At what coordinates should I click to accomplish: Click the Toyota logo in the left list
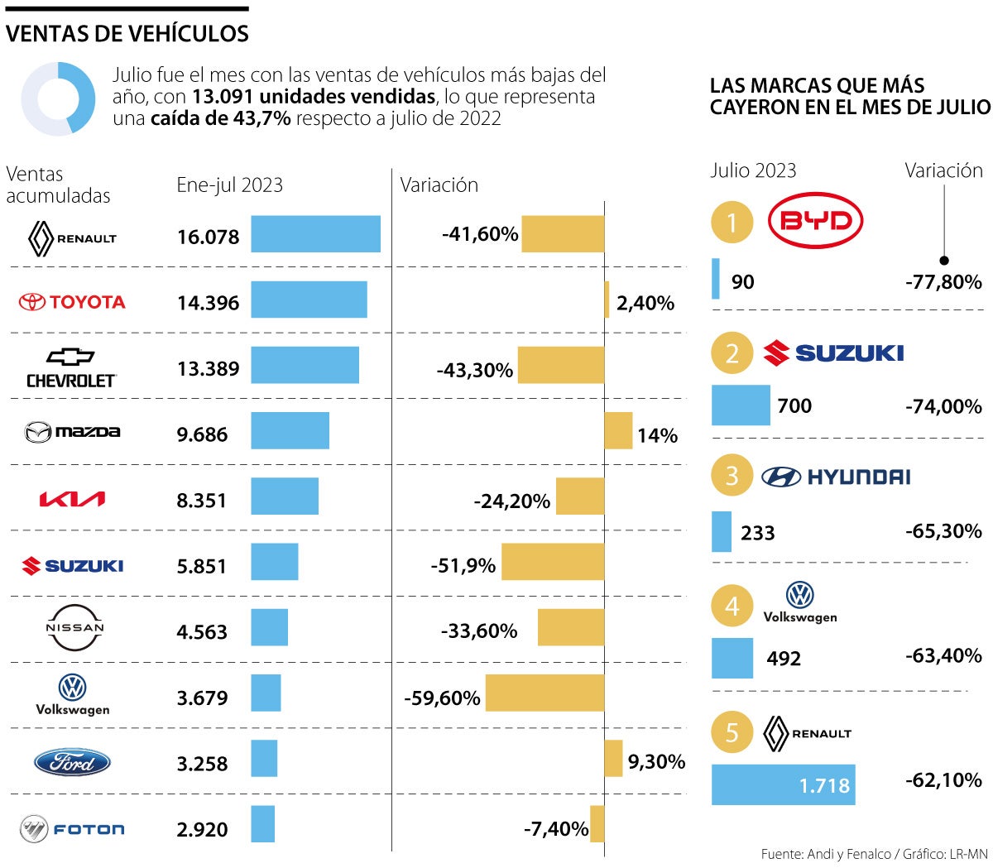(72, 302)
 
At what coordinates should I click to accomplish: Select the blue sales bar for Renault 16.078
(315, 234)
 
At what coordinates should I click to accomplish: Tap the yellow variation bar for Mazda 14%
(618, 431)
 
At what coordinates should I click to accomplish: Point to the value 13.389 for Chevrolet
(208, 369)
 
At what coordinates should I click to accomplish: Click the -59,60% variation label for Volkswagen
(442, 698)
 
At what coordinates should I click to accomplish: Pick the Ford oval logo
(72, 762)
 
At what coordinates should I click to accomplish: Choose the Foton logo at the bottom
(72, 828)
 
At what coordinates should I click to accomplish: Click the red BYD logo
(815, 220)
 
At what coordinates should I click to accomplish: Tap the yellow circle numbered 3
(732, 476)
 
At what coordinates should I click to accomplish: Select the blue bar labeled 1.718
(783, 784)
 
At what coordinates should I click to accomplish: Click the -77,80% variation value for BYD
(943, 282)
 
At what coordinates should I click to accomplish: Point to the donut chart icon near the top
(58, 98)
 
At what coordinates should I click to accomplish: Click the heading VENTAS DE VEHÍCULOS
(127, 34)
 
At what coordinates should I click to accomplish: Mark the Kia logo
(72, 499)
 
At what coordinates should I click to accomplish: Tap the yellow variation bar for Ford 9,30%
(613, 758)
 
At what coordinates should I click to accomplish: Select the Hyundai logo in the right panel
(836, 477)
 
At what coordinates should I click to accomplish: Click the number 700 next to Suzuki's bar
(794, 406)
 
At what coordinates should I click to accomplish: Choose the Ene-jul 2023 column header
(229, 185)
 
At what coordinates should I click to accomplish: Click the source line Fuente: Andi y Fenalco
(874, 854)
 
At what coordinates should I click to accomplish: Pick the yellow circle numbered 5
(732, 732)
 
